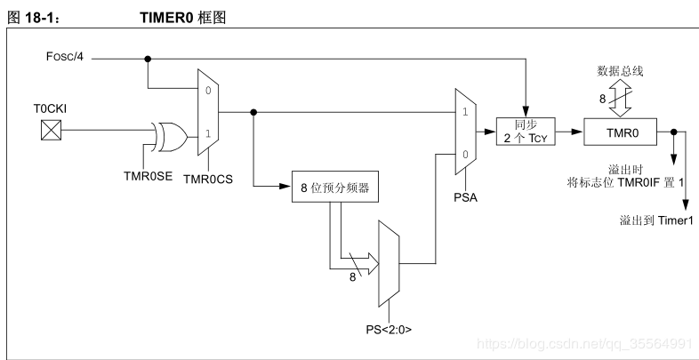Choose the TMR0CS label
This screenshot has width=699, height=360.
tap(207, 178)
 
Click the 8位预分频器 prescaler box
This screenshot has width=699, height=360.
tap(331, 188)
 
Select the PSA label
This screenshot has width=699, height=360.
tap(465, 196)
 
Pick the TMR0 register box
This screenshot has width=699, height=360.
tap(620, 133)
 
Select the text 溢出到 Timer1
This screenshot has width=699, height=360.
tap(655, 219)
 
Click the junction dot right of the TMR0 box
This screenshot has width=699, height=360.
tap(673, 134)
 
